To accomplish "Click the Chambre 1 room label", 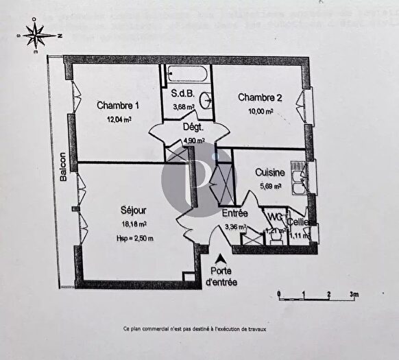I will [118, 106].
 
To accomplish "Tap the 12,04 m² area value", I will [118, 119].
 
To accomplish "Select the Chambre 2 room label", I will [256, 98].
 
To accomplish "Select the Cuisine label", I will [270, 172].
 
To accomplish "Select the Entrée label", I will [234, 213].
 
